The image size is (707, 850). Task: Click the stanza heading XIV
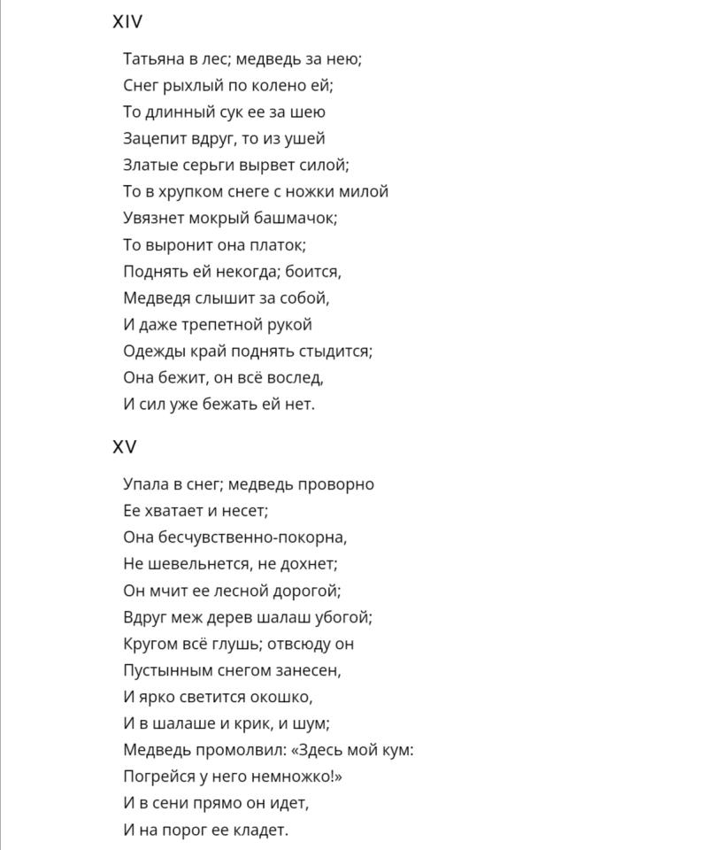point(127,22)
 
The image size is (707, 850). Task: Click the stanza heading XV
point(125,447)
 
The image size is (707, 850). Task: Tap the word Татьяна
point(151,59)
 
